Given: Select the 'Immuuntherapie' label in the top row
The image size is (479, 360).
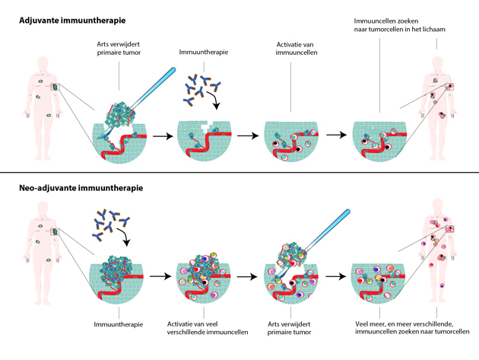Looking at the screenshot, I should point(204,53).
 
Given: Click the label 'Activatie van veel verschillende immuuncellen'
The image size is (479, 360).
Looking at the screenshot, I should point(203,329).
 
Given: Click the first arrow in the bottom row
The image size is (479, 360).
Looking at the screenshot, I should point(159,274).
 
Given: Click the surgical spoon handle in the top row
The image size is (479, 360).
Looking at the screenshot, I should point(157,81).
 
